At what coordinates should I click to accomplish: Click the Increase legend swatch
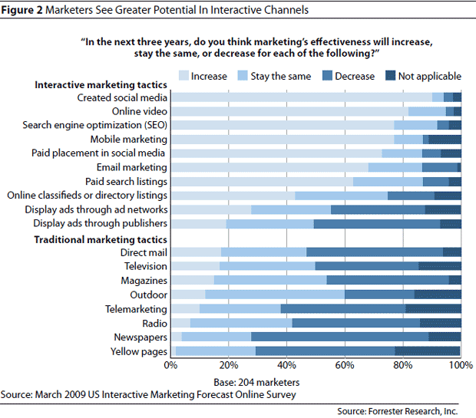tap(185, 76)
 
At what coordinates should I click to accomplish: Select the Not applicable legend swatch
tap(392, 76)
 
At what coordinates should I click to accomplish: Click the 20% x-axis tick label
tap(229, 366)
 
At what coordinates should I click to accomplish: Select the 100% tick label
tap(460, 366)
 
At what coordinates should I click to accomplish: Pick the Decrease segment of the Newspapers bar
tap(340, 337)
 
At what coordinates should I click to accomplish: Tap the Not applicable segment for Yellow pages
tap(428, 351)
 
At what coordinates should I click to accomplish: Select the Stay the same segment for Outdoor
tap(275, 294)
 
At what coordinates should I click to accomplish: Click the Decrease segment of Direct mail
tap(375, 252)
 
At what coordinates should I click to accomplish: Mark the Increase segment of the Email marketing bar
tap(269, 167)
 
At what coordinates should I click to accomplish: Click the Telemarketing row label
tap(136, 308)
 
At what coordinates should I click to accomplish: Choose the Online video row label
tap(140, 111)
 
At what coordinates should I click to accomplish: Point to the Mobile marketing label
tap(128, 139)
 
